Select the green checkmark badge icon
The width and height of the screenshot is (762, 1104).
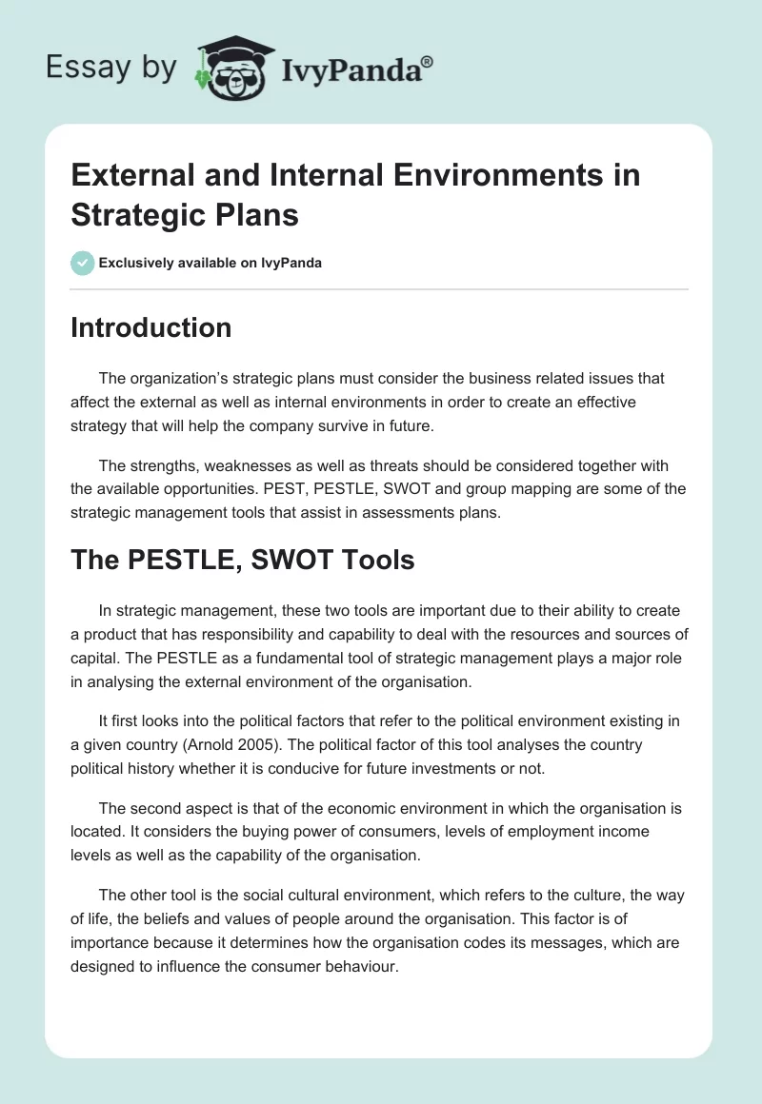pos(82,263)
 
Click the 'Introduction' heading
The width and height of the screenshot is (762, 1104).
pos(150,327)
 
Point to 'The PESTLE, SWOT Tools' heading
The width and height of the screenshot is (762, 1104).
pos(242,560)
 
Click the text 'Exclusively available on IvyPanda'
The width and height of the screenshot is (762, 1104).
pos(211,263)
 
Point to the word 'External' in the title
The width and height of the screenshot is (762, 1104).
pos(133,175)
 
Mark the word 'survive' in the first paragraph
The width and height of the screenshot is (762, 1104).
pos(329,426)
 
